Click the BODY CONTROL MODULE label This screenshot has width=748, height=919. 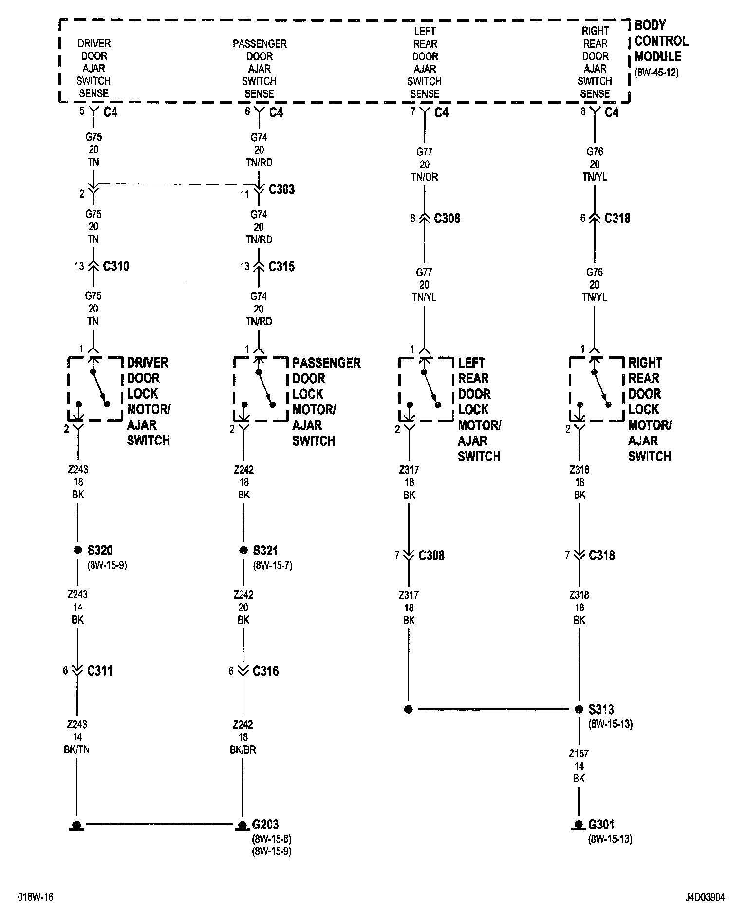tap(661, 41)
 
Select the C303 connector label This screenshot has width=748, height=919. tap(281, 189)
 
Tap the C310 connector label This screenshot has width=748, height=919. tap(116, 266)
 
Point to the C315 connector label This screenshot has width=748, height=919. tap(281, 266)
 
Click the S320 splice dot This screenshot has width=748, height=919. tap(77, 550)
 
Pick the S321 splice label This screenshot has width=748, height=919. tap(265, 551)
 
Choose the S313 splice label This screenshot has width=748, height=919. tap(601, 709)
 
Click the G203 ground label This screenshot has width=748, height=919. tap(265, 825)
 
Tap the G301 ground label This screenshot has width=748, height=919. tap(601, 825)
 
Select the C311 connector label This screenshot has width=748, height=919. tap(100, 671)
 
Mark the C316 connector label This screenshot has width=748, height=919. tap(265, 671)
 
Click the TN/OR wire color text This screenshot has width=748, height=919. tap(424, 177)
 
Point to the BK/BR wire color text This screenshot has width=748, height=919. tap(243, 750)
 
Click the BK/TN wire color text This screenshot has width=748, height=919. tap(77, 750)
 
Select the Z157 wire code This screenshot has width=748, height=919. tap(579, 754)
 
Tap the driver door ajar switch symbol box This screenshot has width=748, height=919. tap(95, 388)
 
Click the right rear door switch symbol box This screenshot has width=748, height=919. tap(596, 388)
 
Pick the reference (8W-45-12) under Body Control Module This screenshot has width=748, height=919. tap(656, 74)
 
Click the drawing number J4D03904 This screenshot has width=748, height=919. tap(705, 897)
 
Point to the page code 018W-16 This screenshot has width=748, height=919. tap(36, 897)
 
